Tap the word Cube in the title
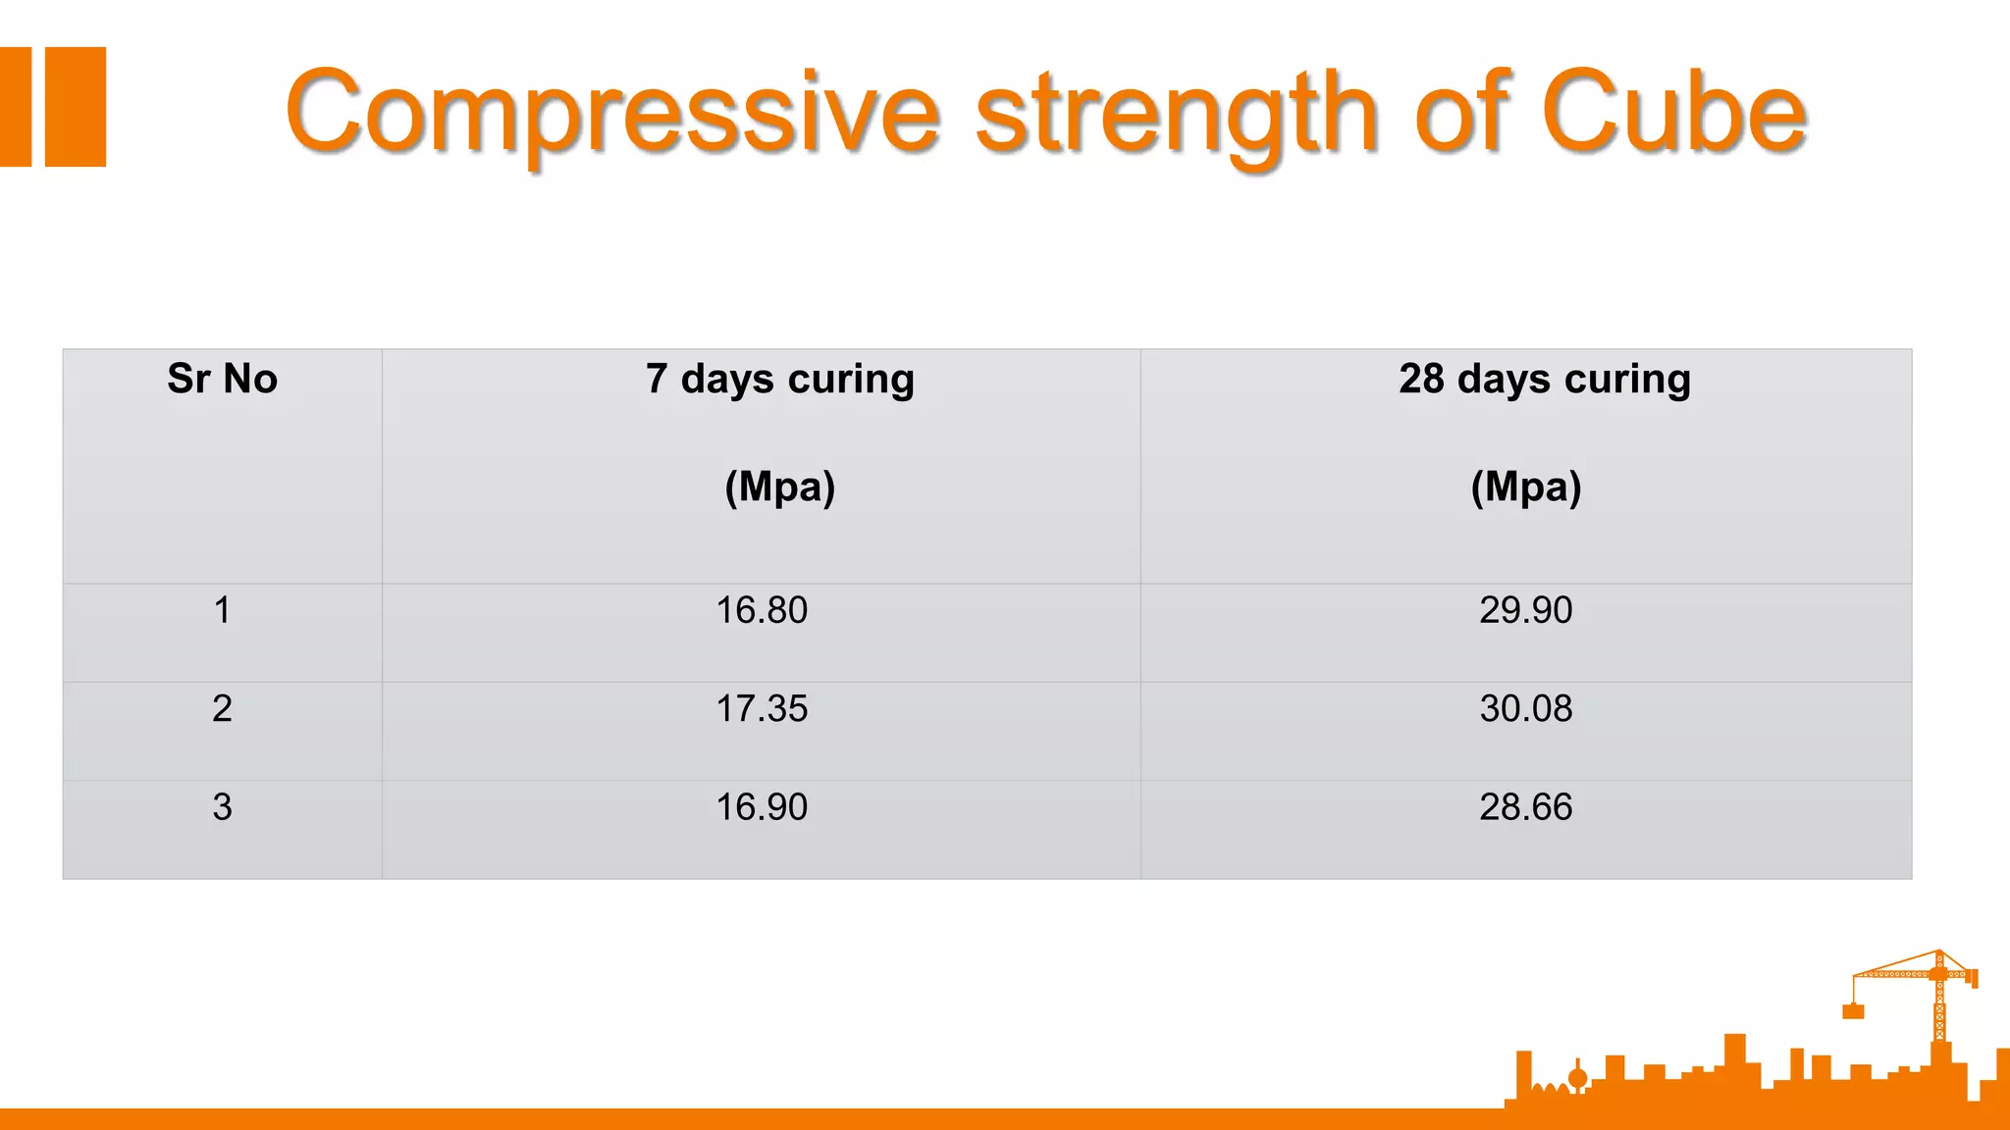point(1672,112)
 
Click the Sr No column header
point(223,379)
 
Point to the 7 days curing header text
point(780,379)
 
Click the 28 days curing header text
point(1545,379)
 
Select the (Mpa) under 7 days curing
point(780,487)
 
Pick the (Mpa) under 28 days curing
point(1526,487)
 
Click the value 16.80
point(762,610)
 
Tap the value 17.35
point(762,708)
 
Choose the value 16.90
point(762,807)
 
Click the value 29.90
point(1526,610)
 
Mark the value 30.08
point(1526,708)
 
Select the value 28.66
point(1526,807)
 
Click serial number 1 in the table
point(223,610)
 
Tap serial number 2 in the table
point(223,708)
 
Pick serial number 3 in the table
point(223,807)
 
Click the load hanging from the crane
point(1853,1011)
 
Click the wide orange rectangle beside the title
point(76,107)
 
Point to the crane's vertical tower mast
point(1940,1010)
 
